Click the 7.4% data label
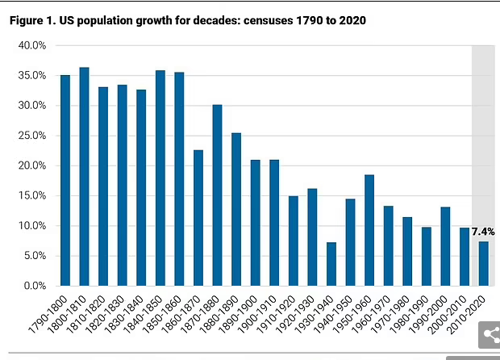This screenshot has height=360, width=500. [482, 232]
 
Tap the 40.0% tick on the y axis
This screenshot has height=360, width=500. [31, 46]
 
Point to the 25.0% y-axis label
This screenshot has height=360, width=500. [31, 136]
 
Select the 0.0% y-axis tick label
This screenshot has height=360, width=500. [34, 287]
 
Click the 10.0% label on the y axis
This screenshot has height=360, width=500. [31, 226]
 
